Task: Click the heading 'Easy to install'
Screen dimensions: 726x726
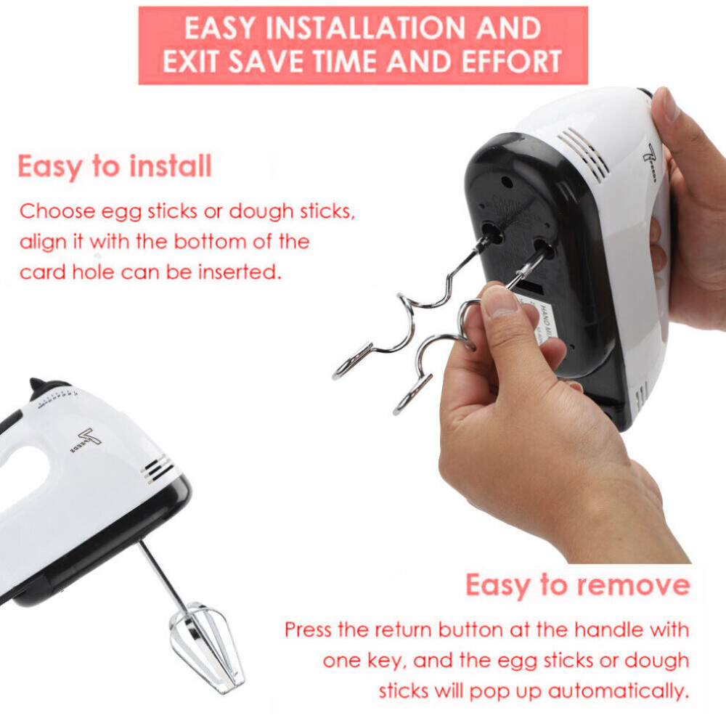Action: (114, 166)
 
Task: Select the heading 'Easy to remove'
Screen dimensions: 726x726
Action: (577, 585)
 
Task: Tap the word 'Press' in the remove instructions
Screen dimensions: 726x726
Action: (307, 629)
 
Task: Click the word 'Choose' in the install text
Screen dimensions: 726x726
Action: (57, 212)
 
